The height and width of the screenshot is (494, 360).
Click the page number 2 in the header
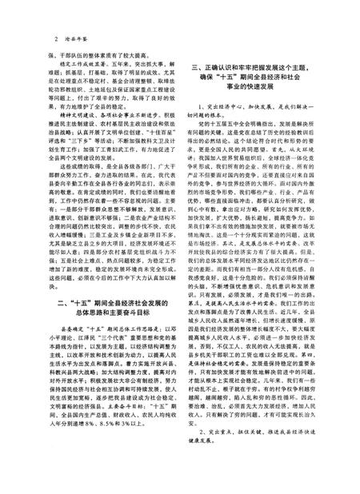(52, 38)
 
